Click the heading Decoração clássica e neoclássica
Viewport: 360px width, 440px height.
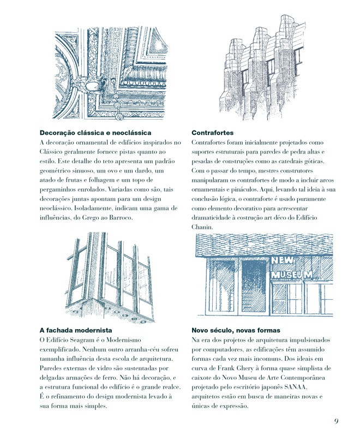coord(95,133)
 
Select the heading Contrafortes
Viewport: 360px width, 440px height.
coord(213,133)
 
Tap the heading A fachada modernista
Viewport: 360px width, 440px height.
coord(76,330)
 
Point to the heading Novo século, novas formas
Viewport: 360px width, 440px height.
coord(236,330)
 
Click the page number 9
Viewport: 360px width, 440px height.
coord(337,421)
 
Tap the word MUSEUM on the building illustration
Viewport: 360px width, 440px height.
coord(292,274)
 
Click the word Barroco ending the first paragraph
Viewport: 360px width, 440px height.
coord(117,217)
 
